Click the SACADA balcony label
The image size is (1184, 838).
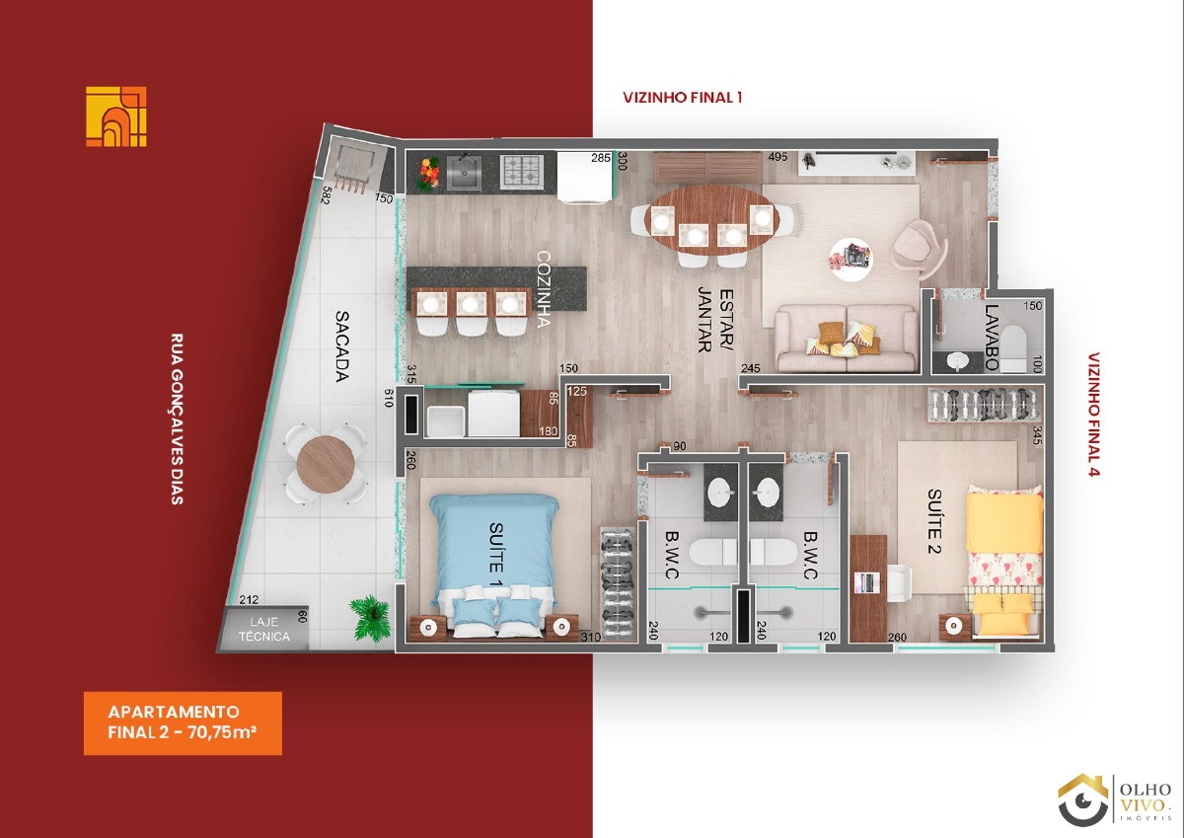click(x=342, y=345)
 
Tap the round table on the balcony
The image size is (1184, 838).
click(x=326, y=464)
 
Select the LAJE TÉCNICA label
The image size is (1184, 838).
click(x=263, y=629)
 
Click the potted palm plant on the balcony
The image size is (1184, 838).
click(x=371, y=617)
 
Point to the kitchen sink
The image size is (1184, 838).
click(x=465, y=172)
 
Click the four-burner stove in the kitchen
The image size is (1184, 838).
click(x=522, y=171)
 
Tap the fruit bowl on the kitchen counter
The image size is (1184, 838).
click(x=428, y=174)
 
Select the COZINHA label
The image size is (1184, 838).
click(x=544, y=289)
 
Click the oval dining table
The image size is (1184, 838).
click(x=712, y=218)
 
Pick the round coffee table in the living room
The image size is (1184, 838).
click(x=851, y=259)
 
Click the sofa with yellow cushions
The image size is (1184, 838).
click(x=847, y=338)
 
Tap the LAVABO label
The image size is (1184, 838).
click(x=992, y=338)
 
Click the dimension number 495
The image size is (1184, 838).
click(x=778, y=157)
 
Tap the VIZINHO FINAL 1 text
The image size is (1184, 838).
click(x=683, y=98)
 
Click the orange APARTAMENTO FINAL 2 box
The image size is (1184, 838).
click(x=183, y=723)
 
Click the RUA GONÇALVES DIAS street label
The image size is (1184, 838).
click(x=177, y=419)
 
